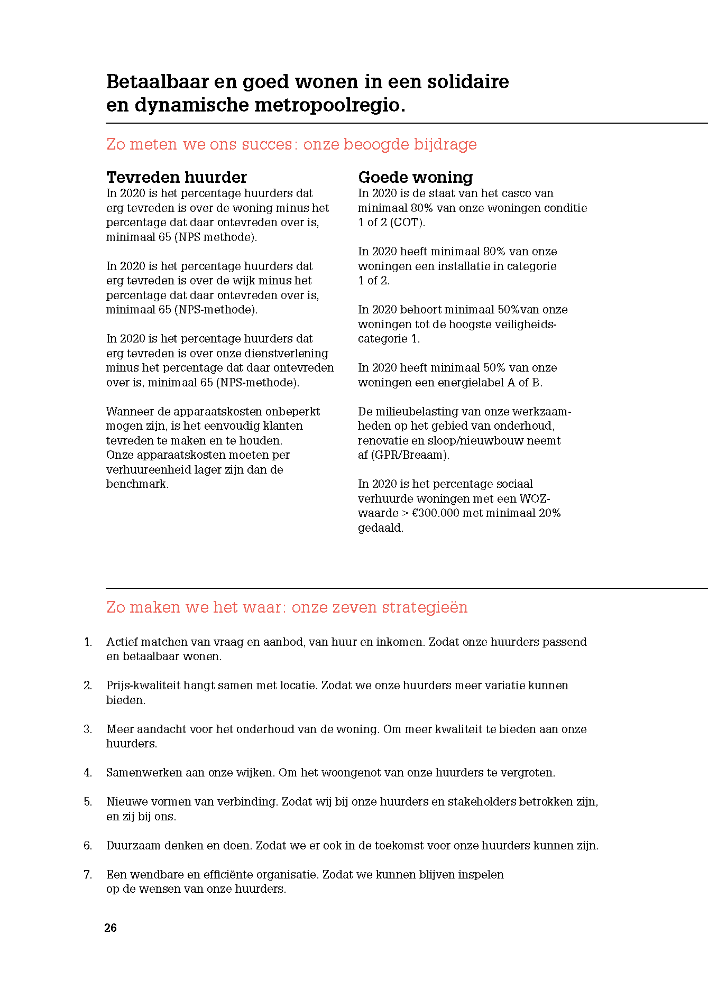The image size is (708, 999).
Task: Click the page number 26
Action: [111, 928]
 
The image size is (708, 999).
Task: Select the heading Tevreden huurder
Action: [177, 177]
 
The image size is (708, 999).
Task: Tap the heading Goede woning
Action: [416, 177]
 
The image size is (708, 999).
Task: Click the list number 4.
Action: [88, 773]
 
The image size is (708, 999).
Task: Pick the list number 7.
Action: [88, 874]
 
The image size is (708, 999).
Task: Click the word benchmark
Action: [137, 484]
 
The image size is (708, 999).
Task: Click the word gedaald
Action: [381, 528]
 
